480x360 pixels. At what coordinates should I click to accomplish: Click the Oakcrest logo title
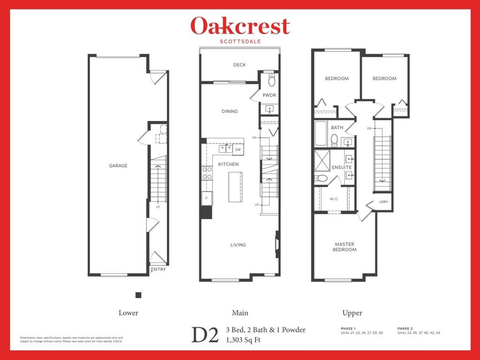[240, 26]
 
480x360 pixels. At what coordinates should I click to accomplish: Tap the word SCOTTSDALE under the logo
[240, 41]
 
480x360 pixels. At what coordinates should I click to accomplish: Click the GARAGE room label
[118, 165]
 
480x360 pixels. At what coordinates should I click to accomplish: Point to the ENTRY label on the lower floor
[158, 270]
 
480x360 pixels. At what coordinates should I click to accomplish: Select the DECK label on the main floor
[240, 65]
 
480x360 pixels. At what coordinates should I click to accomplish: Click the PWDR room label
[269, 95]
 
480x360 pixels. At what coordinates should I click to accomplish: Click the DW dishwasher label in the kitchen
[238, 150]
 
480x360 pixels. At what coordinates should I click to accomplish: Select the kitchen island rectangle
[235, 187]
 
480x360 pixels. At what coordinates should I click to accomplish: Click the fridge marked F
[206, 198]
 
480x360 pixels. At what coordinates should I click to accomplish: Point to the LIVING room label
[238, 245]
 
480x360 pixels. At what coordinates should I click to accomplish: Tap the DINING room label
[230, 112]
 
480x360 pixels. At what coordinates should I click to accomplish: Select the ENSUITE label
[341, 167]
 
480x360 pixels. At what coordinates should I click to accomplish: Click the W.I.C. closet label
[334, 199]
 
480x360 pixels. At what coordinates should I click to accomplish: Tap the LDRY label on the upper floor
[383, 202]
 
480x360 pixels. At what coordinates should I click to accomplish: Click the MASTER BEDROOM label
[345, 247]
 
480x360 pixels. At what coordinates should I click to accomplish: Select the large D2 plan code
[205, 335]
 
